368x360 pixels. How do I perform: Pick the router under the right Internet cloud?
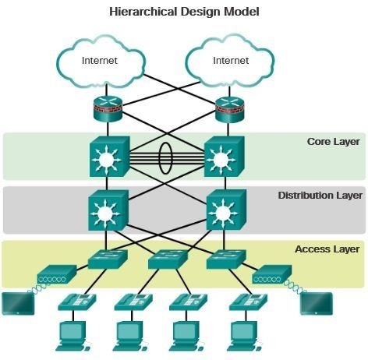click(x=230, y=110)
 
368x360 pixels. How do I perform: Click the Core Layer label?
click(x=333, y=142)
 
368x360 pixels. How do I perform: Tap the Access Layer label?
click(x=327, y=249)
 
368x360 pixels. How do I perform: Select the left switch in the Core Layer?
click(x=105, y=157)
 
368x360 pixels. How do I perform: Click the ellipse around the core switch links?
click(x=165, y=157)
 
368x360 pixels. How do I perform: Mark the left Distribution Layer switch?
click(x=105, y=210)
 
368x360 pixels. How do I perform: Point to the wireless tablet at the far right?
click(x=316, y=302)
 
